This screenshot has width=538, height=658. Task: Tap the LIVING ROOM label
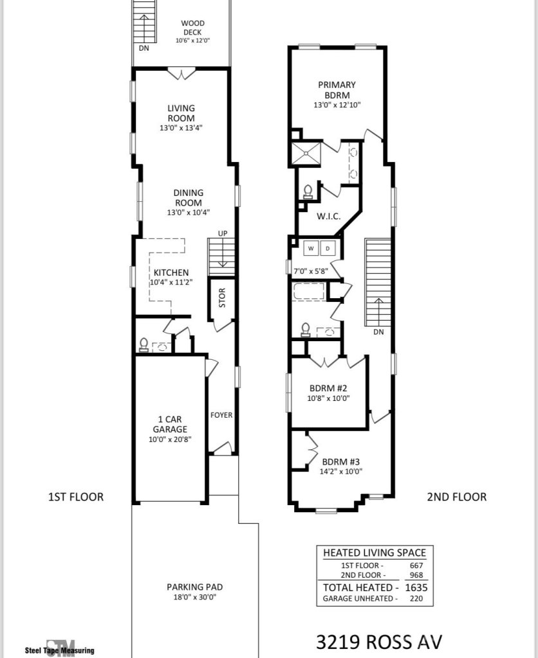point(181,113)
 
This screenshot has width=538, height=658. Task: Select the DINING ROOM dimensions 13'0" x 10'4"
point(188,212)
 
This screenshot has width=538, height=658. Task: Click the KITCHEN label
point(171,273)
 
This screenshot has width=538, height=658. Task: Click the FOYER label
point(221,415)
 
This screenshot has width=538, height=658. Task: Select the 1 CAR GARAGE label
point(170,424)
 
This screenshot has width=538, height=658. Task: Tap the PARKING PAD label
point(194,587)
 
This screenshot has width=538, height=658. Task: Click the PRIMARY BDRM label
point(337,89)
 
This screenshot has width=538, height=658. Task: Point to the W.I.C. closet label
point(328,216)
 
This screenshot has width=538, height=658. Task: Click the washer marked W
point(310,248)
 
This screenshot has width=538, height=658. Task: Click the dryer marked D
point(327,248)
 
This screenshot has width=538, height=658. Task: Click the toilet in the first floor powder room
point(144,345)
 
